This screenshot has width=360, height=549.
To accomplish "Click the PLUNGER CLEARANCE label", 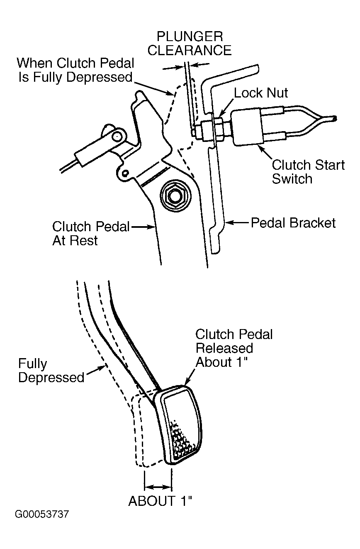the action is [190, 44].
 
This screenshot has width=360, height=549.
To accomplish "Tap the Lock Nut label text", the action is [261, 93].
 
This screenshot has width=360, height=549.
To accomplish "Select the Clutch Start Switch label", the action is [308, 171].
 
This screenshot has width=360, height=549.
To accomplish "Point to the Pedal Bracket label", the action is [293, 223].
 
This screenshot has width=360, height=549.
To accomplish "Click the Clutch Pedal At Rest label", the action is [90, 233].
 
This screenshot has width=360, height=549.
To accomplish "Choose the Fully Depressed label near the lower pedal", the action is [51, 370].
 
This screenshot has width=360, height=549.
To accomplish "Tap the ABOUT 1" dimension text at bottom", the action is [160, 501].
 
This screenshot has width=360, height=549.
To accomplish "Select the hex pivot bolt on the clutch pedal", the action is [175, 196].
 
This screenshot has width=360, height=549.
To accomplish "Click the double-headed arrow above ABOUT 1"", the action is [158, 487].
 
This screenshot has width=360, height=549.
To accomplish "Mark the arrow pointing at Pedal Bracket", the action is [237, 223].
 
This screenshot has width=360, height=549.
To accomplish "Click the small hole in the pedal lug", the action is [126, 173].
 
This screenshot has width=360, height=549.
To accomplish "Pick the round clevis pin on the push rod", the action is [117, 136].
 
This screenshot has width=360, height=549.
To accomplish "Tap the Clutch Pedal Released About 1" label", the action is [234, 348].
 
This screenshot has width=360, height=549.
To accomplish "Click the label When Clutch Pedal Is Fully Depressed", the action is [75, 70].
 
